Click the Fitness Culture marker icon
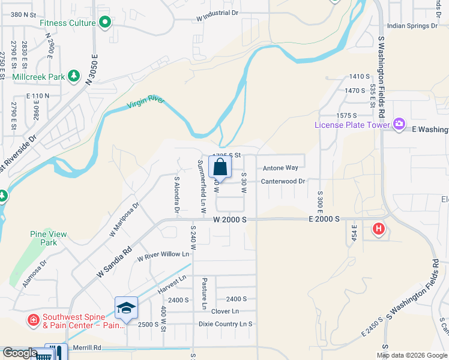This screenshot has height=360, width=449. point(105,23)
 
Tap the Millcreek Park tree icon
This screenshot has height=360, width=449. point(74,76)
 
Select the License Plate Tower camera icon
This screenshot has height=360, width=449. point(399,125)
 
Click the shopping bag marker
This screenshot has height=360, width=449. point(220,167)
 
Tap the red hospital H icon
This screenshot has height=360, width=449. point(378,229)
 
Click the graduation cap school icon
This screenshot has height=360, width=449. point(127,308)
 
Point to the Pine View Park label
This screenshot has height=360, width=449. point(44,238)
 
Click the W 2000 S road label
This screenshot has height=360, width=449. point(229,220)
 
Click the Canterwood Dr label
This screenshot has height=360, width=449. point(283,181)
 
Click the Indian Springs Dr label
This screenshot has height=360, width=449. point(412,26)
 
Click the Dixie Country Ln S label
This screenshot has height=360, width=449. point(226,324)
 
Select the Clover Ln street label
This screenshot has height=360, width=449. point(225,311)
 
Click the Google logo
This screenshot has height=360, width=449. point(20,353)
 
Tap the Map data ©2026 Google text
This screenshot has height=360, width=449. point(411,355)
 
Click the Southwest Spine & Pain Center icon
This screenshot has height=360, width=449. point(34,319)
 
